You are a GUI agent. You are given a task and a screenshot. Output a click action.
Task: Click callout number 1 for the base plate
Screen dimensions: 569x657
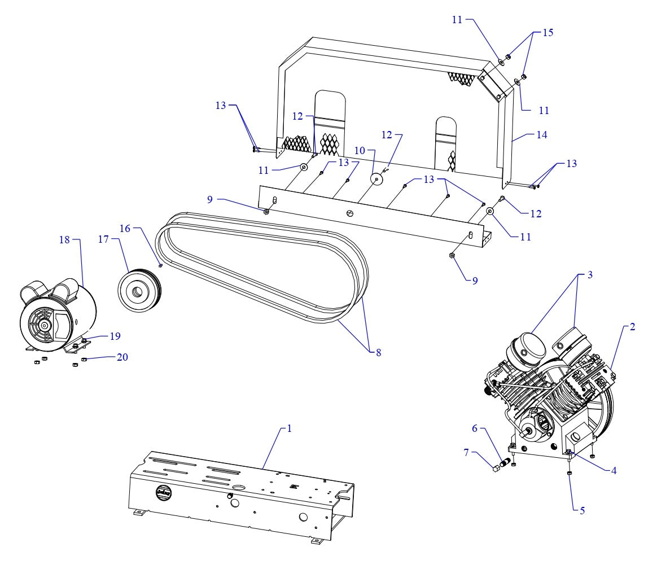click(x=290, y=428)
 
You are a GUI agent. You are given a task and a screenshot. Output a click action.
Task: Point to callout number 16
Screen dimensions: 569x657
click(x=124, y=227)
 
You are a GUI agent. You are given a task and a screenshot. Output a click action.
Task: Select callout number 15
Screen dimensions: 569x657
click(x=548, y=32)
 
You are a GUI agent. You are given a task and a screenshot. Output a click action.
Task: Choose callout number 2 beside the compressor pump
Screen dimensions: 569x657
click(x=633, y=327)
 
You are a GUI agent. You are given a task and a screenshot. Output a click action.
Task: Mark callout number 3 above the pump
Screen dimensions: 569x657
click(x=589, y=275)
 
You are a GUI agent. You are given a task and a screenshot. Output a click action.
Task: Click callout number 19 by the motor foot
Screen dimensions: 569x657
click(x=116, y=336)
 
